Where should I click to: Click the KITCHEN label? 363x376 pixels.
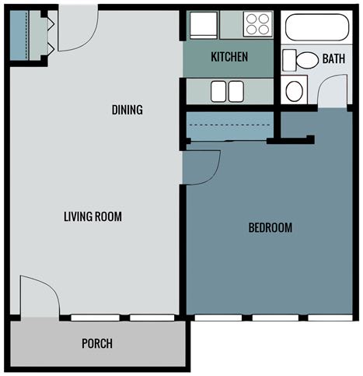pyautogui.click(x=229, y=57)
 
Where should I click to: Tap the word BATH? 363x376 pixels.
pyautogui.click(x=333, y=58)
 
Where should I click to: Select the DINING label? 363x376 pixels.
pyautogui.click(x=127, y=110)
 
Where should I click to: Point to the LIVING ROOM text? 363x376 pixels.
pyautogui.click(x=92, y=216)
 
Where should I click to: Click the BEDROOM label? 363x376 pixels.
pyautogui.click(x=271, y=227)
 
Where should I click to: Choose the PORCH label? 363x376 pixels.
pyautogui.click(x=97, y=343)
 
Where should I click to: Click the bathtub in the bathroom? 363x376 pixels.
pyautogui.click(x=317, y=27)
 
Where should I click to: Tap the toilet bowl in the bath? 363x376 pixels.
pyautogui.click(x=307, y=60)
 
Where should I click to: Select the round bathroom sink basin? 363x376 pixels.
pyautogui.click(x=295, y=90)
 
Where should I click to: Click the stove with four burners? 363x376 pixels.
pyautogui.click(x=258, y=24)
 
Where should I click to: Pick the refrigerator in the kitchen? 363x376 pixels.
pyautogui.click(x=204, y=25)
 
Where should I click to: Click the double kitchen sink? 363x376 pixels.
pyautogui.click(x=227, y=91)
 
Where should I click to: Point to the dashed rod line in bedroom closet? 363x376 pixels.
pyautogui.click(x=229, y=125)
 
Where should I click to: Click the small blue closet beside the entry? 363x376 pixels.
pyautogui.click(x=19, y=35)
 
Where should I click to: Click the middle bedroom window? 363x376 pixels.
pyautogui.click(x=275, y=318)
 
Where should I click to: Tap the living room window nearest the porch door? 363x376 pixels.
pyautogui.click(x=96, y=318)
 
